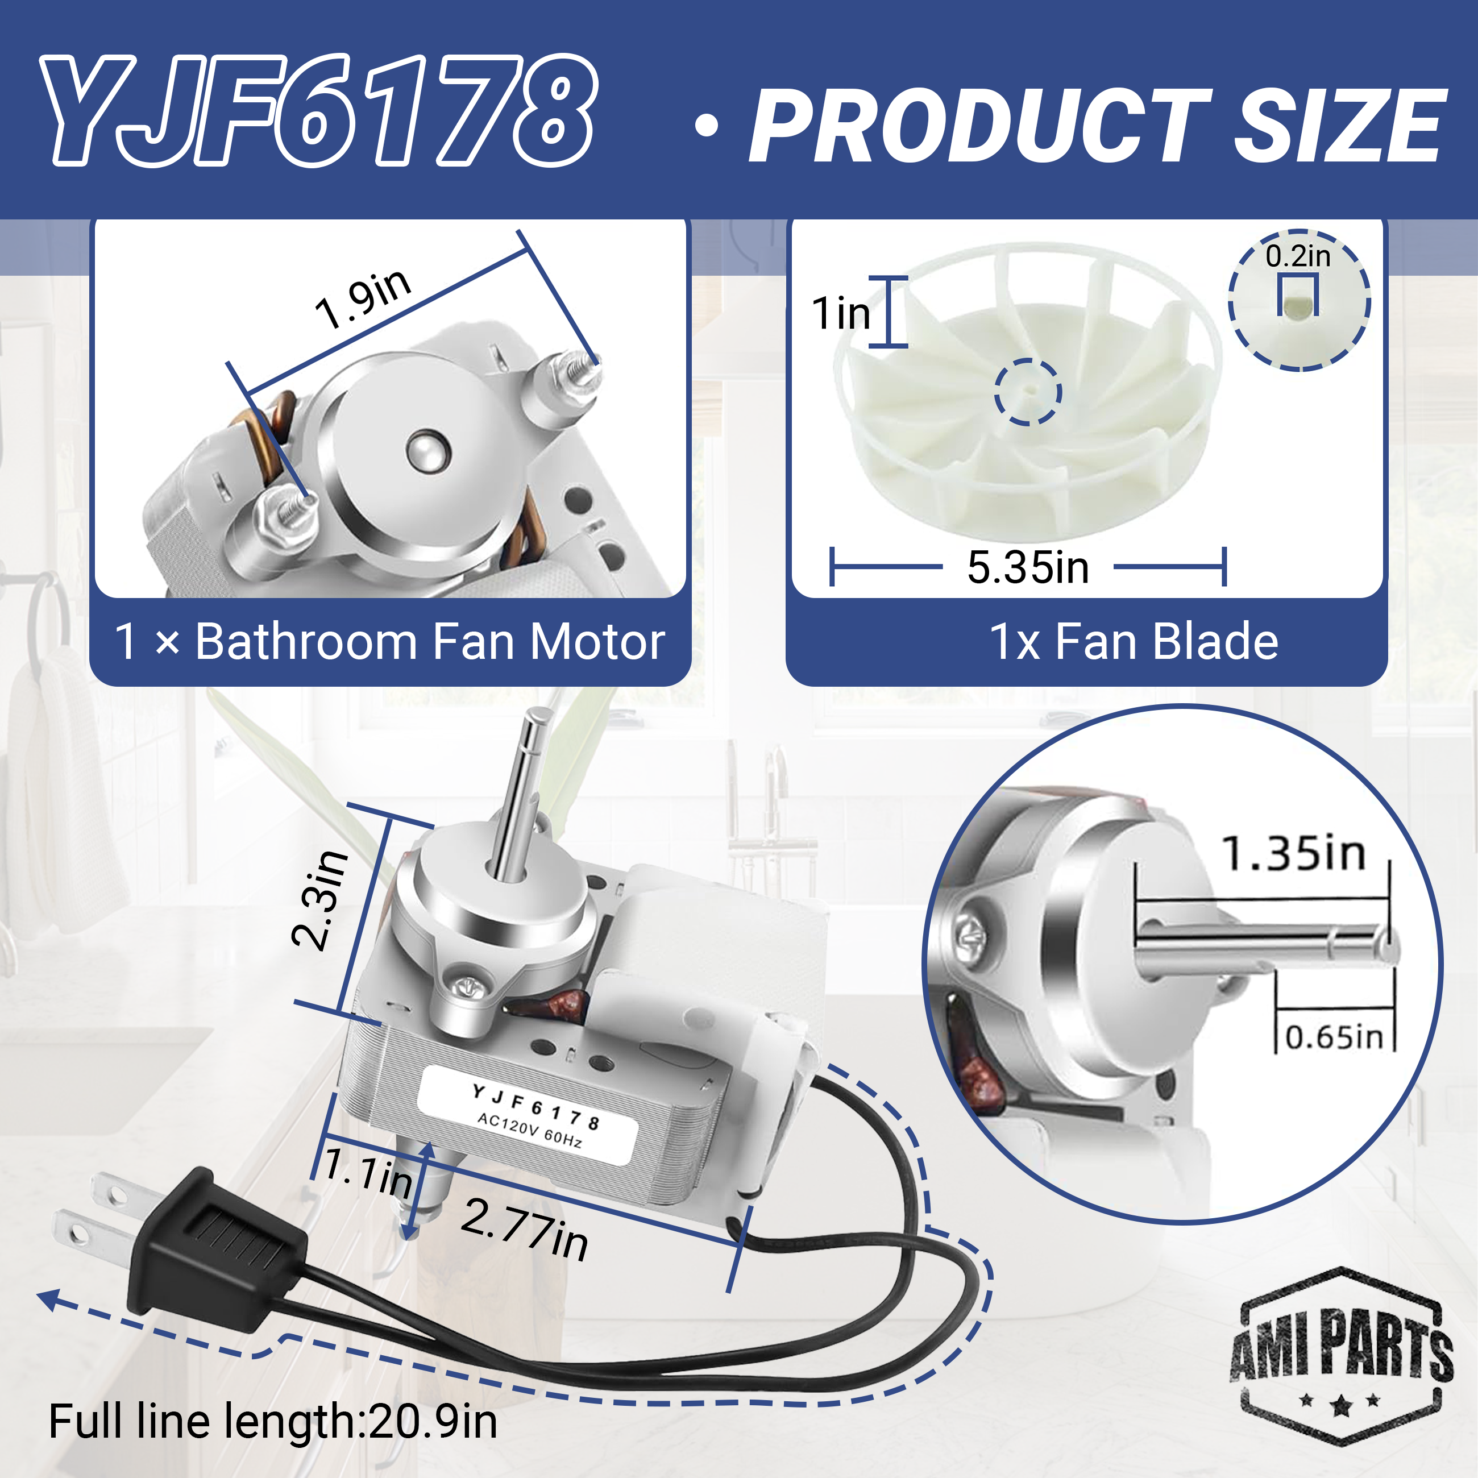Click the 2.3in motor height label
320,900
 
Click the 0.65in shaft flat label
1334,1037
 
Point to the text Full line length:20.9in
273,1421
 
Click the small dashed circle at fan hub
1027,391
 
